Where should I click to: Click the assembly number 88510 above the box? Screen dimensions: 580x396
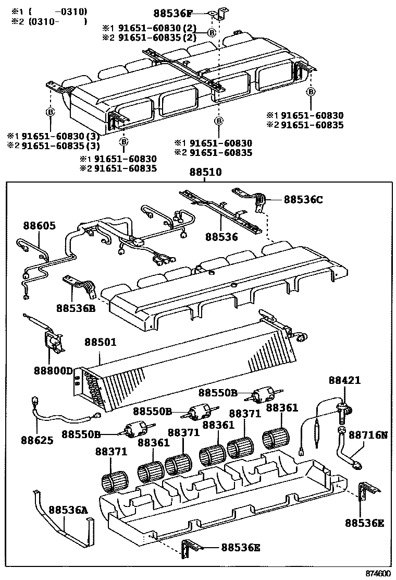205,172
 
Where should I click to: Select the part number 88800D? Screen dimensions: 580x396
54,370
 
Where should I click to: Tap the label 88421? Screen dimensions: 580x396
344,381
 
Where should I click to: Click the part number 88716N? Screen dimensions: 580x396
368,434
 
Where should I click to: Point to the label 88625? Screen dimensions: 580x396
37,440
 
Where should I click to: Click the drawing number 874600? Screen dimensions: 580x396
377,573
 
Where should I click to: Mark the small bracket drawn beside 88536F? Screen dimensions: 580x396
221,13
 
